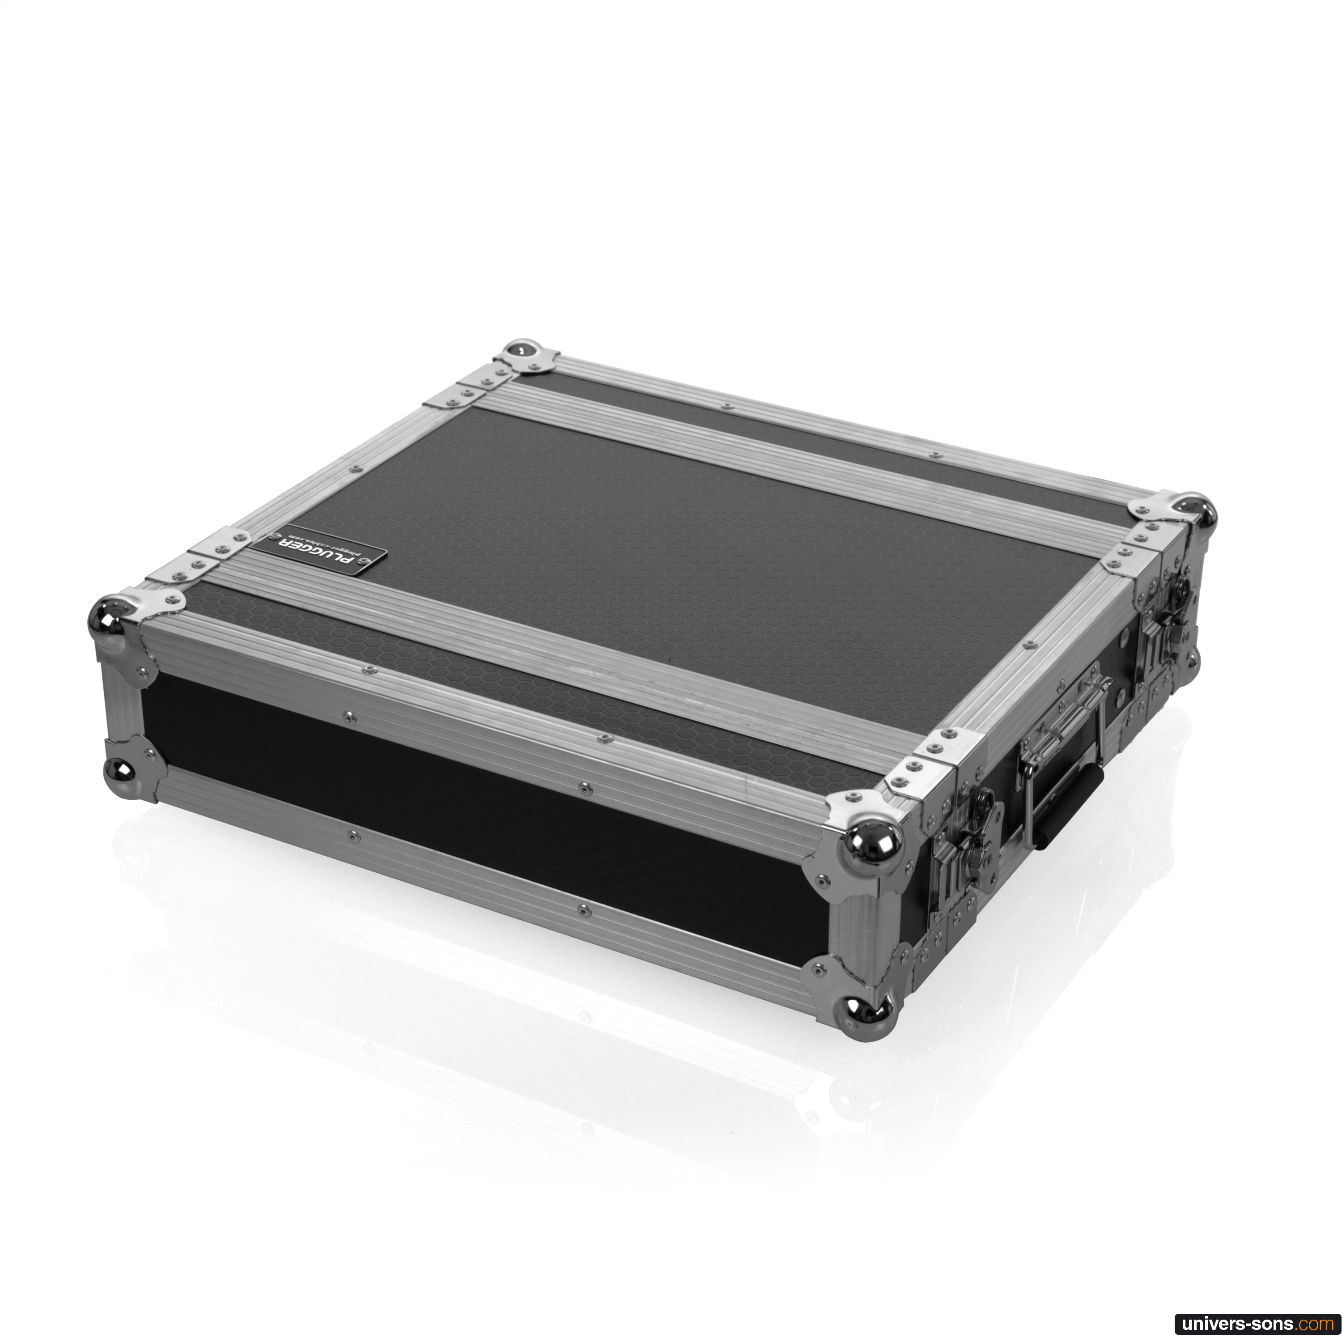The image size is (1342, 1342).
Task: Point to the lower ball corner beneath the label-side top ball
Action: click(x=119, y=769)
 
